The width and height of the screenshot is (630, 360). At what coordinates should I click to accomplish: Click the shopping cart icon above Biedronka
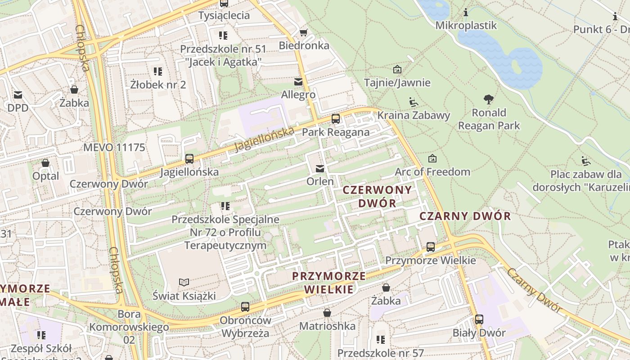(303, 32)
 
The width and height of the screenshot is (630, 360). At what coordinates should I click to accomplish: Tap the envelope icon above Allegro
(298, 82)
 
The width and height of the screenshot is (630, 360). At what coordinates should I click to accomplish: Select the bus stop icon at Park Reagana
(336, 119)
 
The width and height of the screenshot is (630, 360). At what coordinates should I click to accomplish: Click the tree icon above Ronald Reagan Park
(489, 99)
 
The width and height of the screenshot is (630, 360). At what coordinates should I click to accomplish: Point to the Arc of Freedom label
(432, 172)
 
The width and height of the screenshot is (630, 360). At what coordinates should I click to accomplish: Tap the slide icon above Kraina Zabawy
(413, 102)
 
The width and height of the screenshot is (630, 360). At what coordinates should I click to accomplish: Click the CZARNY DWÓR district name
(465, 216)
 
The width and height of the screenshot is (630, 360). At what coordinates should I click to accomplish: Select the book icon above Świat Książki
(184, 282)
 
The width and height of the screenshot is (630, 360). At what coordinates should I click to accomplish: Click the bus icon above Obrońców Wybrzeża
(245, 307)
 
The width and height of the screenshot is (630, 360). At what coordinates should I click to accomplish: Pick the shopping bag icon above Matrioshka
(327, 312)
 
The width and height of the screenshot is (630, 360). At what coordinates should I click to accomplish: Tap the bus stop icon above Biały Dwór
(479, 319)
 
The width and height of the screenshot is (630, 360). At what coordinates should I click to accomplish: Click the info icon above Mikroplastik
(466, 12)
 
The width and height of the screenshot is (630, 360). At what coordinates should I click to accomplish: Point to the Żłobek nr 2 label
(158, 85)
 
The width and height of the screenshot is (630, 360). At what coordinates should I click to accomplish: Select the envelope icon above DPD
(18, 95)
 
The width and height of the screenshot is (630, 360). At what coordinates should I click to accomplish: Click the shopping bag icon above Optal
(45, 163)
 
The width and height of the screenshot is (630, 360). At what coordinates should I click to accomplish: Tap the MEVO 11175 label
(114, 148)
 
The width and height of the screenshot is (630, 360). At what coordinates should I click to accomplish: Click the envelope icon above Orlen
(320, 169)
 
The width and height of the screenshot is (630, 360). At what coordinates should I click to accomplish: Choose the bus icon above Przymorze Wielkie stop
(431, 247)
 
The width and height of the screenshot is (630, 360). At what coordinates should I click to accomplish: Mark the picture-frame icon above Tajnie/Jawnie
(397, 69)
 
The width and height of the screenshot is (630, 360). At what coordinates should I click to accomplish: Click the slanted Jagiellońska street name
(264, 139)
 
